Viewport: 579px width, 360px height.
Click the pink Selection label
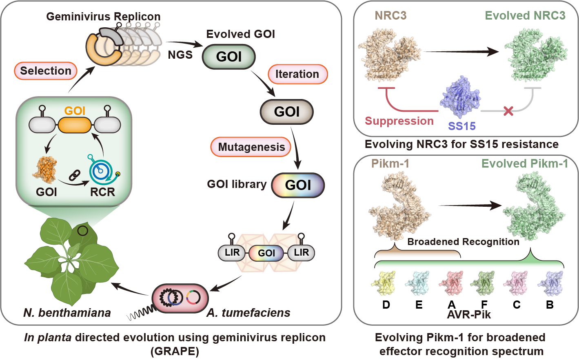[x=46, y=71]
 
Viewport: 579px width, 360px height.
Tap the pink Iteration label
[x=297, y=74]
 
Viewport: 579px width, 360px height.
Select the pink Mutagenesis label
[x=251, y=147]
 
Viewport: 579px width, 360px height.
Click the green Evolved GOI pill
[x=229, y=57]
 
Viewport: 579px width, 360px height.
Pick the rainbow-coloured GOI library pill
[x=298, y=185]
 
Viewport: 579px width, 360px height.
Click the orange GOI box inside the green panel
[x=75, y=125]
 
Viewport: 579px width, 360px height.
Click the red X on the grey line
[x=508, y=110]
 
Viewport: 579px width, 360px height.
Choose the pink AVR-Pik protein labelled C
[x=516, y=282]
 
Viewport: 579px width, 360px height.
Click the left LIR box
[x=232, y=253]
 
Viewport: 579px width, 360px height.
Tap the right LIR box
[x=301, y=253]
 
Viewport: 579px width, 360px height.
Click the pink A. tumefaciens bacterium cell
[x=180, y=298]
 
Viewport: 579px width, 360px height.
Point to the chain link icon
[x=74, y=176]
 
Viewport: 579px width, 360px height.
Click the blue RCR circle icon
[x=100, y=171]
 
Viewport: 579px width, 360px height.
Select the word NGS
[x=180, y=55]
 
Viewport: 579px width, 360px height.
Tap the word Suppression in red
[x=399, y=121]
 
